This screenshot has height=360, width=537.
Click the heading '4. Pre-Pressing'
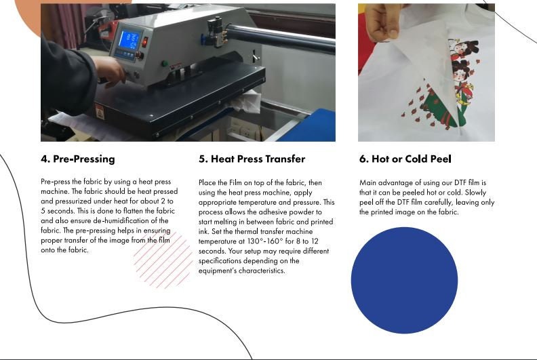click(78, 159)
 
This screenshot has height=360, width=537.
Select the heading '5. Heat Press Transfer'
click(252, 159)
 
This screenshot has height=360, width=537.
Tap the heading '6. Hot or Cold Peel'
click(405, 159)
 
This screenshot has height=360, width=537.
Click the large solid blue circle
click(404, 280)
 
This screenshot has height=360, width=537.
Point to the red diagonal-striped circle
click(163, 260)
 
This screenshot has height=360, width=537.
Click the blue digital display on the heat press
click(129, 40)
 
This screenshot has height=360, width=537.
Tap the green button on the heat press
click(164, 64)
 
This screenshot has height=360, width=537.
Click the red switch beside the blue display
click(144, 41)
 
